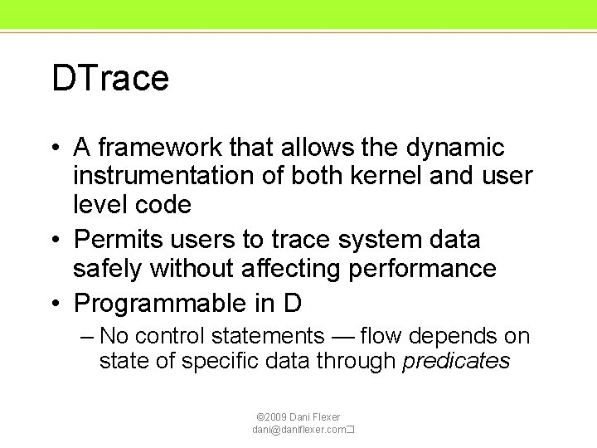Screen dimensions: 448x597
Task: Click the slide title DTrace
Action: pos(110,79)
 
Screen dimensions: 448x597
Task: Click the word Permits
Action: pos(118,240)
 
